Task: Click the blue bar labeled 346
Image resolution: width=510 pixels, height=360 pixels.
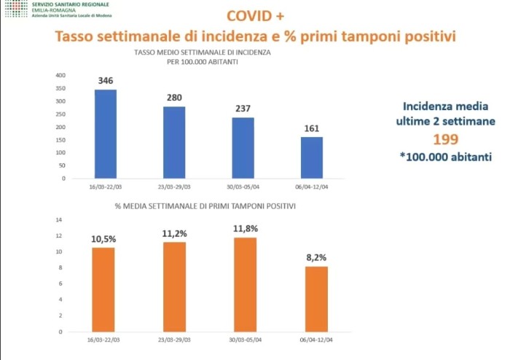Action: (x=105, y=134)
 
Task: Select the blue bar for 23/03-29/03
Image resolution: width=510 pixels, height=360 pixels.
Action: (x=173, y=143)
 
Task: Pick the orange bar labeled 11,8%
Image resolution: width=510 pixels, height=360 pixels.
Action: (x=243, y=283)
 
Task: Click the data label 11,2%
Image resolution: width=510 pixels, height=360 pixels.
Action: (x=173, y=233)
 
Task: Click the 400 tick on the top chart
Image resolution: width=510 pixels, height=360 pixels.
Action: (x=60, y=75)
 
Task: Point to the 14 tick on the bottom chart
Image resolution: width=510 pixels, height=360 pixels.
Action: (x=60, y=220)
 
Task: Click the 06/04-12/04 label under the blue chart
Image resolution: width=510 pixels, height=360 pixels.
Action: (x=312, y=187)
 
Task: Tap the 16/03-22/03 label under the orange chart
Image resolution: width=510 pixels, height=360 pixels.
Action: (x=105, y=338)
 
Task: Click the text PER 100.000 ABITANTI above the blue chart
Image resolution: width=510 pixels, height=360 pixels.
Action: (x=204, y=63)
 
